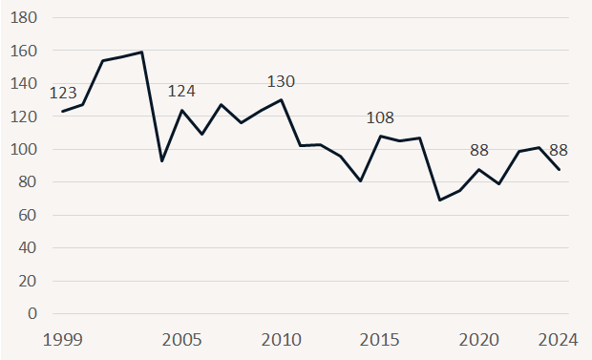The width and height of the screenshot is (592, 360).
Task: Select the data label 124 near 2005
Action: point(182,92)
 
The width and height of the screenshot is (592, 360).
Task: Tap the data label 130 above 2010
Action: point(281,81)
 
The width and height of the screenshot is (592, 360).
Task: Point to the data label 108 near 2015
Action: point(381,118)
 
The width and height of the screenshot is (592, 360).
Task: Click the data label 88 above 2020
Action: point(479,150)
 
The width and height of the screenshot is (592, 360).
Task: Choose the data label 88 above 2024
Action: point(560,150)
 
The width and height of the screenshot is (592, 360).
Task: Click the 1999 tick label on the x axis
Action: point(63,339)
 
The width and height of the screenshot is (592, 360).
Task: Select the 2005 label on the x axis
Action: point(182,339)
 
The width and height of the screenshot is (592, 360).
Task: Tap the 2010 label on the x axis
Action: point(281,339)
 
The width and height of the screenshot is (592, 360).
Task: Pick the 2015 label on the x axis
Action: point(381,339)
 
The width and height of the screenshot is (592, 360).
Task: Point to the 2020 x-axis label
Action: point(479,339)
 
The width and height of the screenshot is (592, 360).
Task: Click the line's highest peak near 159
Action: point(142,53)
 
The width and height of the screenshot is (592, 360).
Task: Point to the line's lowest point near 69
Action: point(440,200)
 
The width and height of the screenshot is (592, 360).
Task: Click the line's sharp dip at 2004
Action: point(162,160)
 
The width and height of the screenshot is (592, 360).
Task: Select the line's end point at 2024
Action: point(560,169)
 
